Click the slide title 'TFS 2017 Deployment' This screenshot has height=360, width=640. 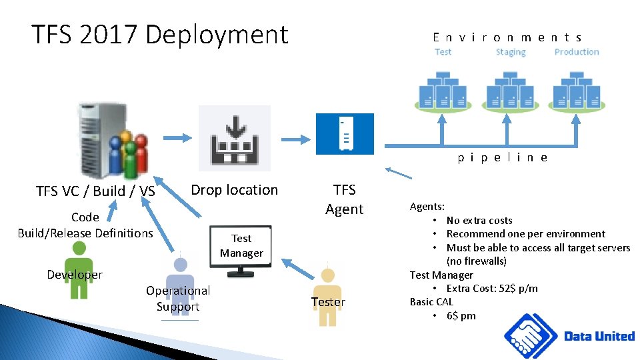[160, 35]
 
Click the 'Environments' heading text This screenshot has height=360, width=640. [507, 38]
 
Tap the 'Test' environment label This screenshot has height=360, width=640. [443, 52]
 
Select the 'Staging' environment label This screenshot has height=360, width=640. [511, 52]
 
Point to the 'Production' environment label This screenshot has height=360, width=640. [577, 52]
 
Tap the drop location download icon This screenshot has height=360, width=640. [235, 138]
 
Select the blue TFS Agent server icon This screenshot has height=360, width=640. [345, 133]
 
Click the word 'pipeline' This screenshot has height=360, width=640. [503, 158]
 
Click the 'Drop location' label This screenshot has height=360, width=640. [234, 190]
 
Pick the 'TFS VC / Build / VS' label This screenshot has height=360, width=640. [95, 191]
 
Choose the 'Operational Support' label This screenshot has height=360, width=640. [178, 298]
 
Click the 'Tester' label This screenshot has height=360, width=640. [328, 302]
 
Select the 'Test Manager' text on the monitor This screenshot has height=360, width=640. [241, 245]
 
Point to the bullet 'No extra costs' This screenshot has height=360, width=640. [479, 220]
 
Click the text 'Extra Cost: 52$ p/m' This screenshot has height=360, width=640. [492, 288]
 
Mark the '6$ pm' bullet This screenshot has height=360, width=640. [461, 315]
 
